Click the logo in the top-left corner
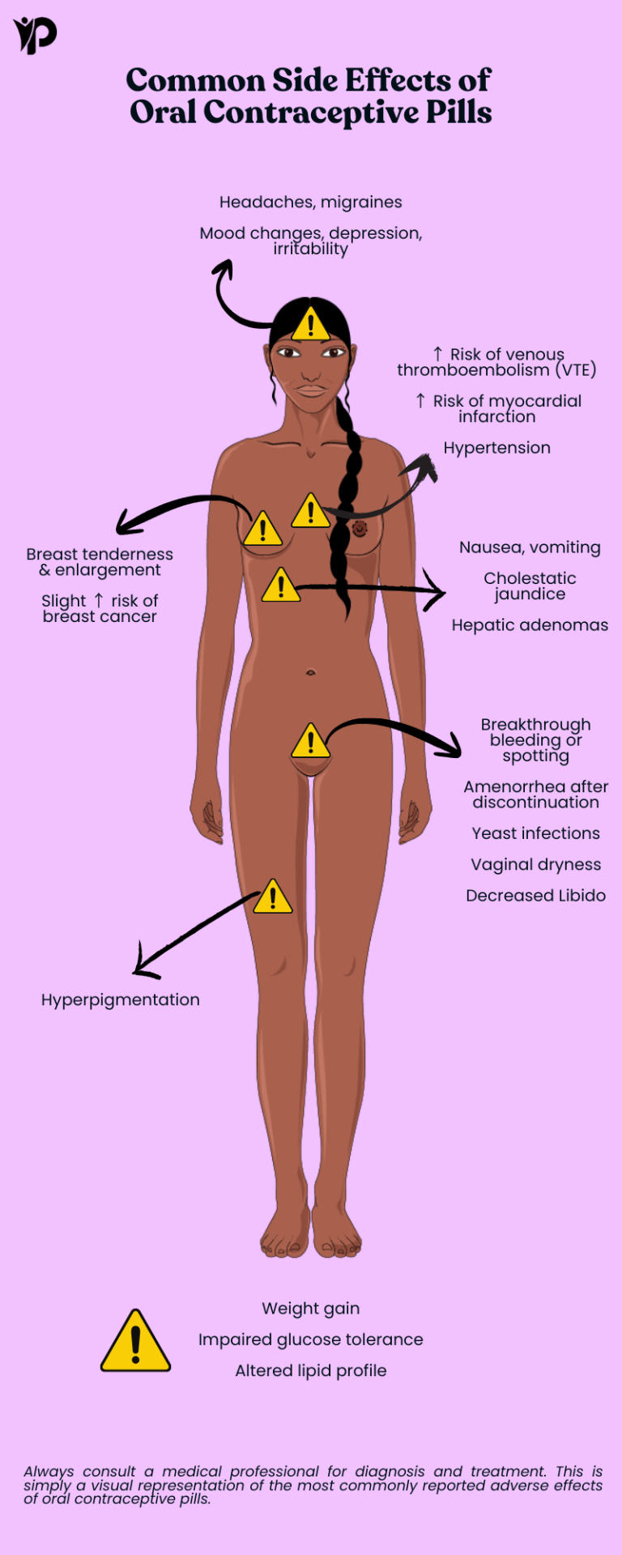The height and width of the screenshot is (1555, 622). click(35, 36)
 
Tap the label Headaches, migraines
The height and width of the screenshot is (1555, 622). click(311, 202)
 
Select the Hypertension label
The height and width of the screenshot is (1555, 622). click(496, 448)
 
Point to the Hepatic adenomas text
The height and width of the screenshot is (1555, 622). click(530, 625)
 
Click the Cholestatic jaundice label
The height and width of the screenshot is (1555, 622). click(530, 586)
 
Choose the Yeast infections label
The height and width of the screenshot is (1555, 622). click(536, 833)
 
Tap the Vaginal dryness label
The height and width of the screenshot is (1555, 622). click(536, 865)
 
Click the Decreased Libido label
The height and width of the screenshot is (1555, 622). click(536, 896)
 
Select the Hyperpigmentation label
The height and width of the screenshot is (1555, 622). click(120, 1000)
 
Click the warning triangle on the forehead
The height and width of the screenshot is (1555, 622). click(310, 323)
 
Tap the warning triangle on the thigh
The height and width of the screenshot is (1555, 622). click(273, 897)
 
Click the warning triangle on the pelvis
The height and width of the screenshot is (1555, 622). click(310, 740)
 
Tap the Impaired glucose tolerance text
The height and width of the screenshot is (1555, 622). click(311, 1340)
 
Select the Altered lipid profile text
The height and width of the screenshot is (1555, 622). click(311, 1370)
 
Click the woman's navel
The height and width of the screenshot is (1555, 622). click(310, 671)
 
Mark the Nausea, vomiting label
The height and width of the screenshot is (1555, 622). click(530, 547)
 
